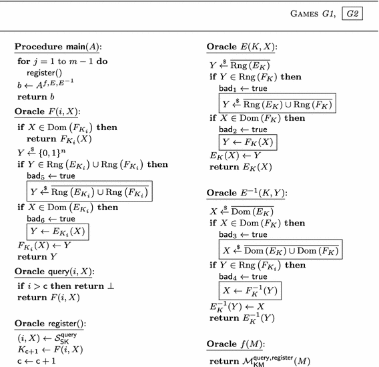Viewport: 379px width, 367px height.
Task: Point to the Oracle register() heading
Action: pyautogui.click(x=51, y=323)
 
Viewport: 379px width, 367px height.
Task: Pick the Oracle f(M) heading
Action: pyautogui.click(x=236, y=344)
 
